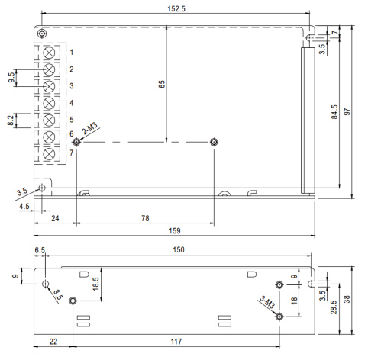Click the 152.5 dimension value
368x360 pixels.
pyautogui.click(x=176, y=9)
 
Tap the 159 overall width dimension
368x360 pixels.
pyautogui.click(x=175, y=231)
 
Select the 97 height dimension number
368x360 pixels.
pyautogui.click(x=347, y=111)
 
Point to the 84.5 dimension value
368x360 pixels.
pyautogui.click(x=334, y=112)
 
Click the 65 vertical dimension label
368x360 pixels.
pyautogui.click(x=162, y=84)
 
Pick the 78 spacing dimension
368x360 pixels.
pyautogui.click(x=145, y=218)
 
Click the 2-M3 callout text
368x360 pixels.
pyautogui.click(x=90, y=128)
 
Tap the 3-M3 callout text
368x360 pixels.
pyautogui.click(x=267, y=302)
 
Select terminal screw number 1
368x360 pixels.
pyautogui.click(x=49, y=53)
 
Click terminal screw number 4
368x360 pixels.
pyautogui.click(x=49, y=103)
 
